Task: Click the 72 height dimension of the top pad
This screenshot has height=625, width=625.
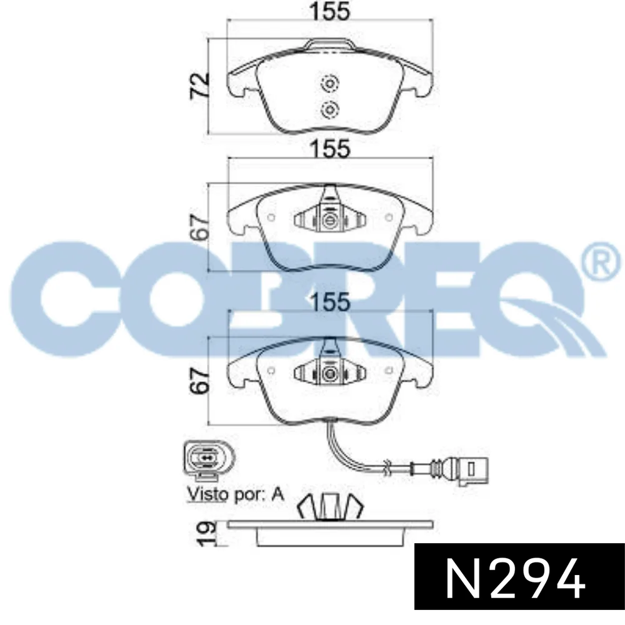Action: coord(200,85)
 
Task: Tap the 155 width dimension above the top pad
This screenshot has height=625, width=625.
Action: coord(330,11)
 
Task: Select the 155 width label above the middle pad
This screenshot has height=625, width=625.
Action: coord(330,148)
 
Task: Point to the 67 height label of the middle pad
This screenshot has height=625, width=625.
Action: coord(200,227)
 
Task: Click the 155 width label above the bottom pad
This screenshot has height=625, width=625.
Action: coord(330,302)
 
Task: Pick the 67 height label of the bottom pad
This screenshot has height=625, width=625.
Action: coord(200,381)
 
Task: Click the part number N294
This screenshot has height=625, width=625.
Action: coord(515,579)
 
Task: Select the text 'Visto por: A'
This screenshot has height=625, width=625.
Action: coord(236,494)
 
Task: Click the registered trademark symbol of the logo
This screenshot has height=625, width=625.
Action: coord(602,264)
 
